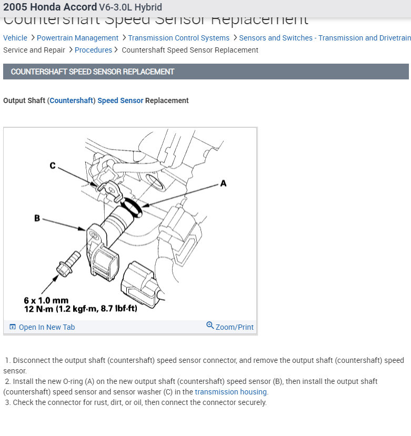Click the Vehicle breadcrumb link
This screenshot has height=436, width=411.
(15, 38)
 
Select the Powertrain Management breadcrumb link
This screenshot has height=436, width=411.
(77, 38)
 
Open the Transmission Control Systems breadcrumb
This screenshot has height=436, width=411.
(178, 38)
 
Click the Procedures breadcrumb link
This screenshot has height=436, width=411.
(93, 50)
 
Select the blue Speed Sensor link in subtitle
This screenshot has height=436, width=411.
(120, 100)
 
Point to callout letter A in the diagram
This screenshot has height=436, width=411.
(223, 184)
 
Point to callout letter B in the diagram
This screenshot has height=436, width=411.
(37, 218)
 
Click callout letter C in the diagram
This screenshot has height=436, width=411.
(53, 166)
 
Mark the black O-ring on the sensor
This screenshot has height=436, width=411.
(132, 207)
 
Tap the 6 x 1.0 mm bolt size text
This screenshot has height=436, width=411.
(46, 301)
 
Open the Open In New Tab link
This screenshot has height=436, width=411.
(46, 327)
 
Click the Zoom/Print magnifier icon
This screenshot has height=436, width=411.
(210, 326)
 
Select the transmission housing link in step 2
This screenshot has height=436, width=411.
(231, 392)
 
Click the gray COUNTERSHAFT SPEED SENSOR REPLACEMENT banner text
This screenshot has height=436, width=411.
(93, 72)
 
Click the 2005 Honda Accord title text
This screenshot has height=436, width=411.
(50, 7)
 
